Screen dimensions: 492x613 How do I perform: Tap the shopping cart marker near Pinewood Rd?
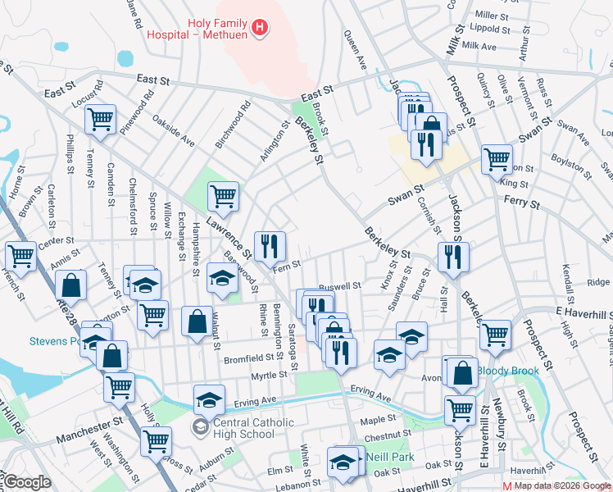[100, 119]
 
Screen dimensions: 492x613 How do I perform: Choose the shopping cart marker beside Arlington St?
[223, 195]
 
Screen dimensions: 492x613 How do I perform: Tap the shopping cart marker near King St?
[497, 158]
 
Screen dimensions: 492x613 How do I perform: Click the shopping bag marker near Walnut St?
[198, 321]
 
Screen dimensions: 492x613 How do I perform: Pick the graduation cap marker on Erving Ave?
[209, 399]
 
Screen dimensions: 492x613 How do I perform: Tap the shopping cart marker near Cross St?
[156, 440]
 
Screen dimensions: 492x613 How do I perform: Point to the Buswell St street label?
[340, 286]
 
